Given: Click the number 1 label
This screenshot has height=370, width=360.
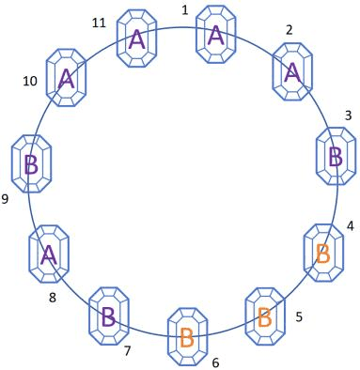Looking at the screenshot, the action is coord(185,10).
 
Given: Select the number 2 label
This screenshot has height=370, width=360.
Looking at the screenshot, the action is coord(290,30).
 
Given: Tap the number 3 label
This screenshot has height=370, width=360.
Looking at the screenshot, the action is coord(348,116).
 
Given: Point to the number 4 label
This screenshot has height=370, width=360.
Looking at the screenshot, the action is coord(351,226).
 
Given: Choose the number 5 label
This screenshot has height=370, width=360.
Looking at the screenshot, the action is coord(299,316).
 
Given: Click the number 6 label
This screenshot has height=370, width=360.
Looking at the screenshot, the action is coord(215,362).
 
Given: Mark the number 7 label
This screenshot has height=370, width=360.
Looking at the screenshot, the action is coord(127,351).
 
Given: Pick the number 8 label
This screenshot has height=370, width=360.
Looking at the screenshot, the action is coord(53,298).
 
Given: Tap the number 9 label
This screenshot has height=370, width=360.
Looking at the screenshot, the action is coord(5,199).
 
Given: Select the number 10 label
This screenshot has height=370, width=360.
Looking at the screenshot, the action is coord(30,82).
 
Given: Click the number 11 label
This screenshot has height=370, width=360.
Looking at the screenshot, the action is coord(99,23).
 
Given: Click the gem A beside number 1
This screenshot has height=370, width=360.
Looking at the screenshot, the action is coord(215,35).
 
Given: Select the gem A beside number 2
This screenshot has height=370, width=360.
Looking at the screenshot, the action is coord(292,71).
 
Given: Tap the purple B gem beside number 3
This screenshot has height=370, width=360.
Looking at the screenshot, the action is coord(337,156).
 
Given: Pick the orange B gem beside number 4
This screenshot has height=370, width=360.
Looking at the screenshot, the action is coord(324,253).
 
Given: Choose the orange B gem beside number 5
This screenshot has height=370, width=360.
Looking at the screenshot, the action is coord(265,316).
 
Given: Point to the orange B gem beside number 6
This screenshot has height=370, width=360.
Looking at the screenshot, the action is coord(187,337).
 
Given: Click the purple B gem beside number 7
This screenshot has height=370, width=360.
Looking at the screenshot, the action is coord(109,316).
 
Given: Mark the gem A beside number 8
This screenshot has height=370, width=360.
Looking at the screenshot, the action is coord(49,254).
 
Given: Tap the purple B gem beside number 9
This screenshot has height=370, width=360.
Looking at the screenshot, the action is coord(32,163).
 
